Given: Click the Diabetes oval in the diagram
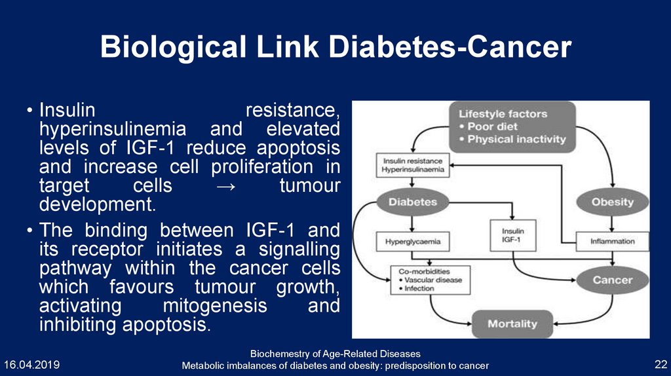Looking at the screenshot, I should (413, 202).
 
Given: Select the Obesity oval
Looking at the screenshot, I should (612, 202).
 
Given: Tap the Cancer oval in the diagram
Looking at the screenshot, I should (612, 280).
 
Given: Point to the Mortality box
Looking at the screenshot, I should (512, 323).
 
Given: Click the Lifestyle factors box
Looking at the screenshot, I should (512, 126).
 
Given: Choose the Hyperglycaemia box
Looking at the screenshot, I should (413, 241).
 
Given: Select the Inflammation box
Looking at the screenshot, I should (612, 241).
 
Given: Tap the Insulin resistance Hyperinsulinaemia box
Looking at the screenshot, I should (412, 165).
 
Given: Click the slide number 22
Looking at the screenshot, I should (660, 364).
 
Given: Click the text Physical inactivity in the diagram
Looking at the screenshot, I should (516, 139).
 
